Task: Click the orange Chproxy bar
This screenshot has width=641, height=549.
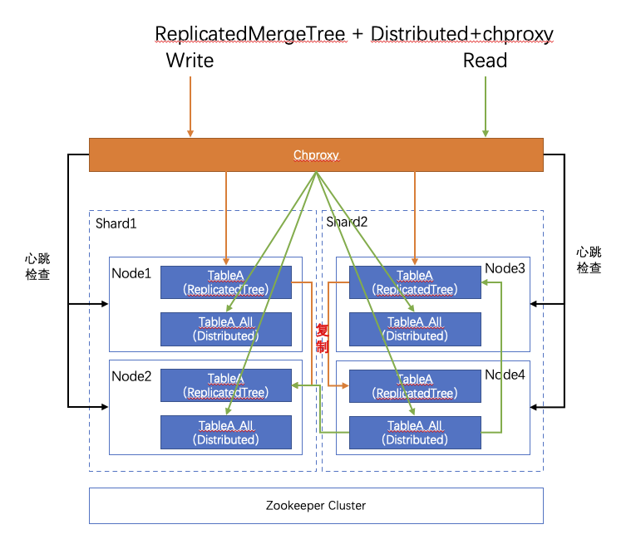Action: (x=316, y=154)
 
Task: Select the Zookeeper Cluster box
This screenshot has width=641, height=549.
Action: (x=316, y=505)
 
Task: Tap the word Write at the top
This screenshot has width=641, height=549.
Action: (x=190, y=61)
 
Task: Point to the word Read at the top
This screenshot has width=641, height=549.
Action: (x=485, y=61)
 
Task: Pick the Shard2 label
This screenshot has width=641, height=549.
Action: (x=346, y=222)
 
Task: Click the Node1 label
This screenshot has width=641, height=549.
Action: (x=131, y=272)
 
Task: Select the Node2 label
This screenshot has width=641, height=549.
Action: (x=131, y=375)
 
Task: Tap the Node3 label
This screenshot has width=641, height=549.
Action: (x=505, y=268)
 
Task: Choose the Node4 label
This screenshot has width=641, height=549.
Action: (x=505, y=375)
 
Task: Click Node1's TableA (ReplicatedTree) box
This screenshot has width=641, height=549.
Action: (x=225, y=282)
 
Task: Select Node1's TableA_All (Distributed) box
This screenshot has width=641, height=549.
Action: (x=225, y=329)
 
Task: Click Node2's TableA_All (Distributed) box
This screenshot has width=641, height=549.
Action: (x=225, y=433)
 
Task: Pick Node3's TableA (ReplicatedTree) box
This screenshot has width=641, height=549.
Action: (x=415, y=282)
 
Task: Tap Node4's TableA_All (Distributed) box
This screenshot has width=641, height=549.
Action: (x=415, y=433)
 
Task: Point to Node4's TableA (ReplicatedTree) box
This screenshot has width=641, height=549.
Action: (x=415, y=386)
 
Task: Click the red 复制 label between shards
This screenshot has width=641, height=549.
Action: (x=323, y=338)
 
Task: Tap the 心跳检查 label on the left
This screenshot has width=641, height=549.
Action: (x=37, y=267)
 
